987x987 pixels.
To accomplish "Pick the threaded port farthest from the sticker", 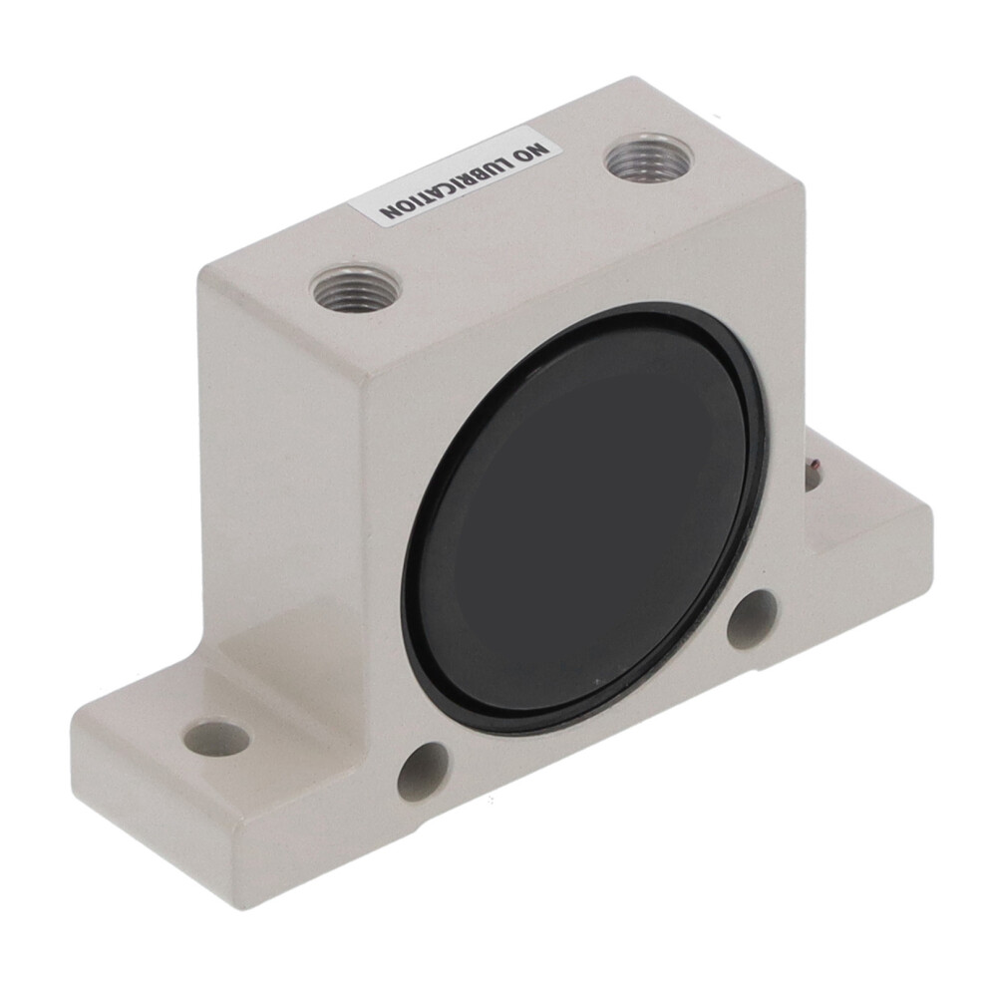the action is (356, 289).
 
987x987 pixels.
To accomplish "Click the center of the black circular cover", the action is (584, 517).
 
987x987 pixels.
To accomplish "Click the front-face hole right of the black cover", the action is (752, 620).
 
